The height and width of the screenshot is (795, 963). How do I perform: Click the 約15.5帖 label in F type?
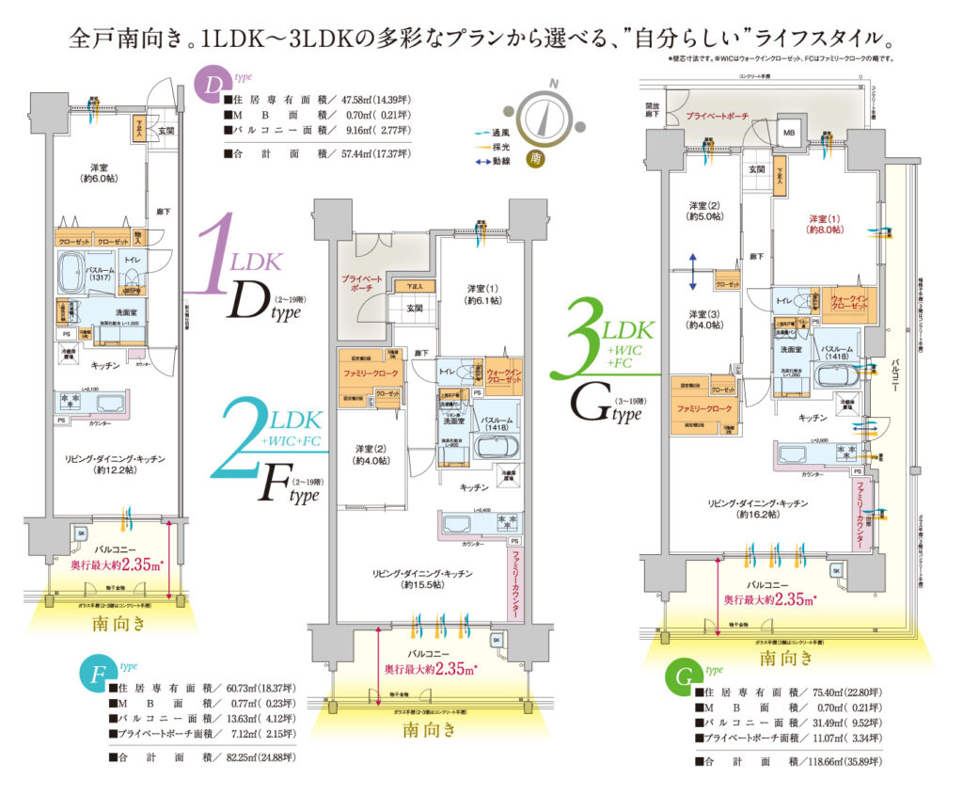[421, 584]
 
